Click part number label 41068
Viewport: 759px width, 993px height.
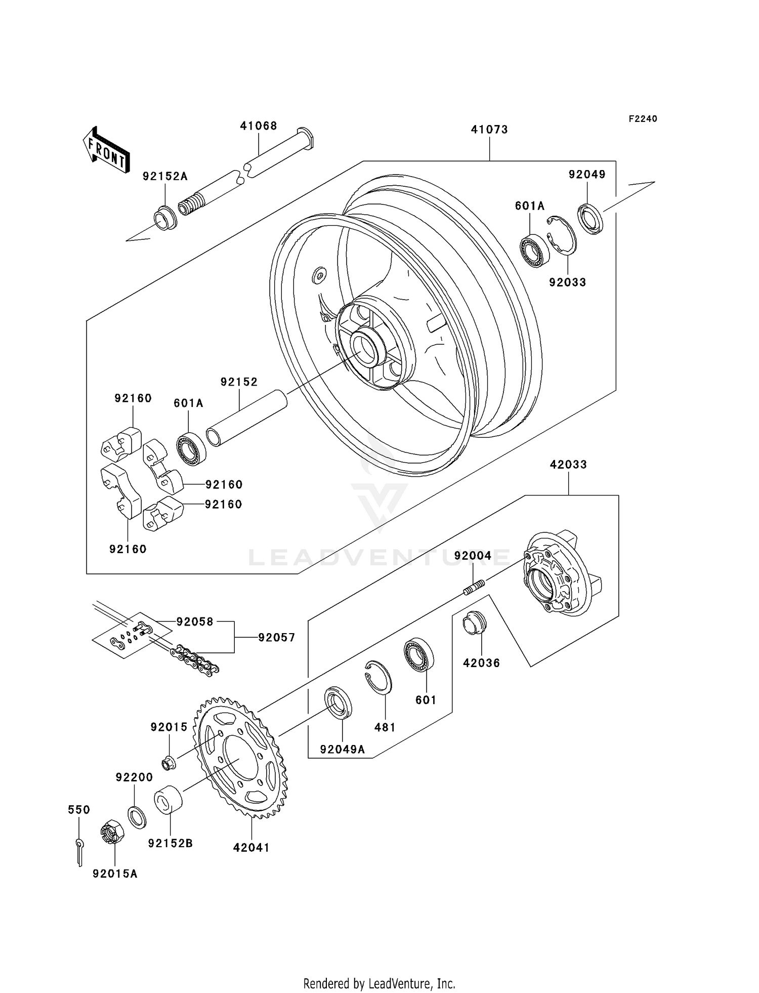pos(258,126)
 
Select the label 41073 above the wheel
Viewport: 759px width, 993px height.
pos(489,130)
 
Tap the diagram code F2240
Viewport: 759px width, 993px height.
pos(643,119)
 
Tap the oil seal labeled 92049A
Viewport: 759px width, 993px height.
pos(338,701)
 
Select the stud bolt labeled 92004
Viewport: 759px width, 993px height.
pos(474,588)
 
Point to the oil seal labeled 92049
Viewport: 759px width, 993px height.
pos(590,218)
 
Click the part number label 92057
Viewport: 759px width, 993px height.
pos(276,637)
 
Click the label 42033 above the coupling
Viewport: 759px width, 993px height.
pos(568,464)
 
